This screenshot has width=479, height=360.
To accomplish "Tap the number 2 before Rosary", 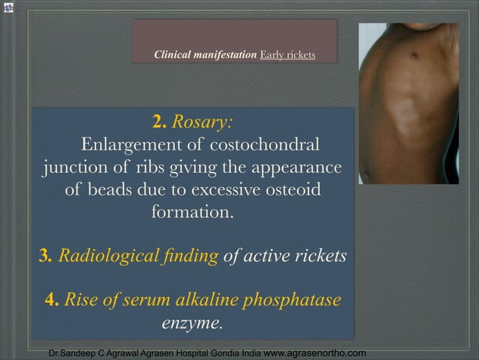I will coord(159,122).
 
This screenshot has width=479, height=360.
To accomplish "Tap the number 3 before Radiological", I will coord(44,256).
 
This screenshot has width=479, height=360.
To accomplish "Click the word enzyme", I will coord(192,324).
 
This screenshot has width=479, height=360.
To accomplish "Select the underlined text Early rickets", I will coord(288,56).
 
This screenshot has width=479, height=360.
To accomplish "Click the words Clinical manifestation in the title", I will coord(205,56).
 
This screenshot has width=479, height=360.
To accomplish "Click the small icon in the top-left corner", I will coord(9,8).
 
